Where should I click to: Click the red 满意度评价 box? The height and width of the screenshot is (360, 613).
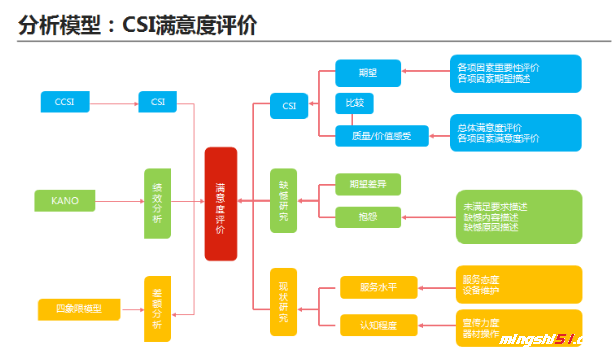click(x=220, y=204)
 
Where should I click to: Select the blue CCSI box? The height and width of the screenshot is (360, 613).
click(x=64, y=102)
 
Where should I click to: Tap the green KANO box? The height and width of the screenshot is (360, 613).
click(x=65, y=201)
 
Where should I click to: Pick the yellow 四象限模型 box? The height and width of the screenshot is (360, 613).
click(x=79, y=309)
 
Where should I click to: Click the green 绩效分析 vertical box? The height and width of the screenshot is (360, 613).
click(x=158, y=203)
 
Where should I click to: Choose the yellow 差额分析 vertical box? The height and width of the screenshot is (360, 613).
click(x=158, y=308)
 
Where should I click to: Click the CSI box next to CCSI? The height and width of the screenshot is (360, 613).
click(x=158, y=102)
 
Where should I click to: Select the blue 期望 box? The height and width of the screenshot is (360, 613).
click(x=368, y=73)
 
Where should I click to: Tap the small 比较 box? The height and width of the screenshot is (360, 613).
click(x=355, y=103)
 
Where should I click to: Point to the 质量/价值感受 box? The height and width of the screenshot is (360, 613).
click(x=381, y=136)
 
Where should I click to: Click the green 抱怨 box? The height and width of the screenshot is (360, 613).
click(x=368, y=217)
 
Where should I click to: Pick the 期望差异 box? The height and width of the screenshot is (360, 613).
click(x=368, y=184)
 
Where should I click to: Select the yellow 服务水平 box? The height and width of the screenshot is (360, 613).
click(x=378, y=287)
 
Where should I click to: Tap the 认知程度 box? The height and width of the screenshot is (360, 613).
click(x=378, y=325)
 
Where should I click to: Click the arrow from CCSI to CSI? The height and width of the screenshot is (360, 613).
click(x=114, y=104)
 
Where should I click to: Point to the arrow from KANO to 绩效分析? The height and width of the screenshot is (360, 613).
click(x=120, y=201)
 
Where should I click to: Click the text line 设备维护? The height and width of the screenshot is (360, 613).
click(x=480, y=290)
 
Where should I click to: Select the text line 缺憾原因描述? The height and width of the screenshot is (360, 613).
click(x=490, y=227)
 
